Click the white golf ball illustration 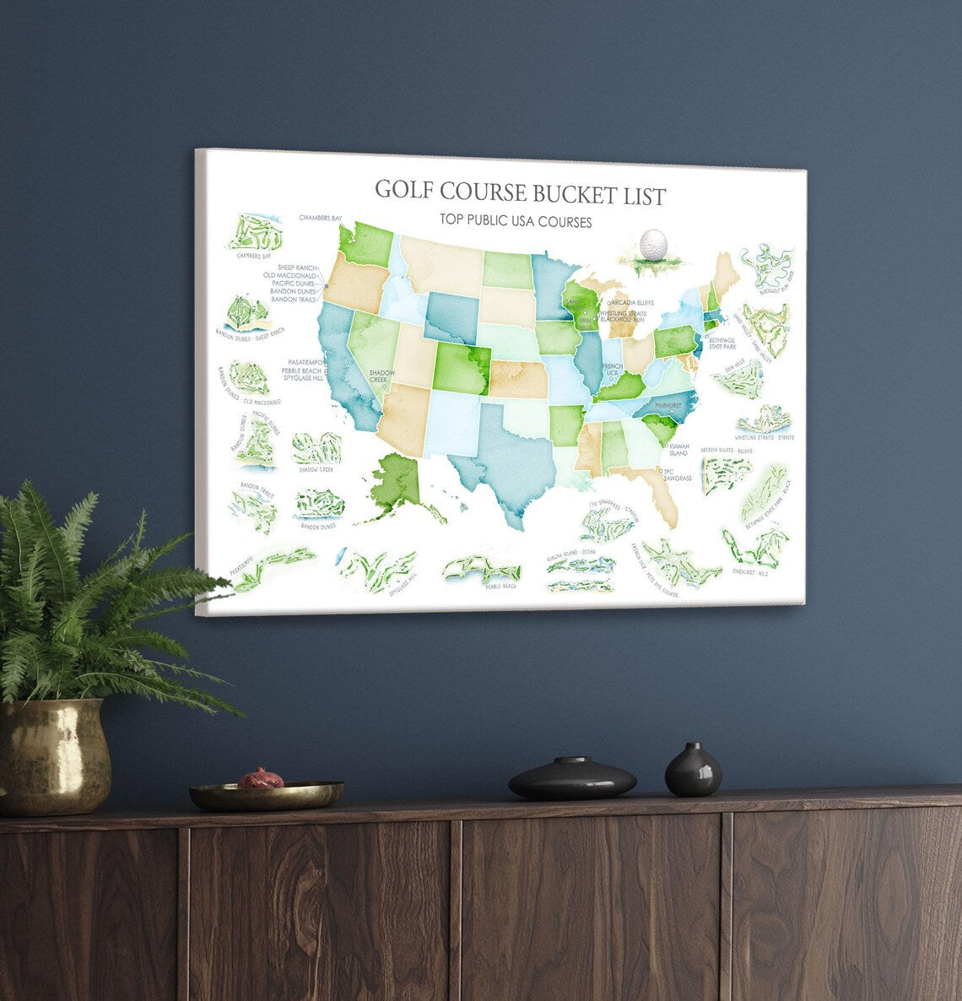tap(652, 245)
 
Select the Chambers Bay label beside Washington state tap(320, 218)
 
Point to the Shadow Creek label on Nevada tap(382, 375)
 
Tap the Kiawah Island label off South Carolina tap(679, 449)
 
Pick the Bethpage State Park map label tap(722, 343)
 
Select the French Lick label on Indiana tap(612, 369)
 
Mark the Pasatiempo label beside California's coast tap(305, 362)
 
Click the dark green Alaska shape tap(395, 482)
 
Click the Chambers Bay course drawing tap(254, 231)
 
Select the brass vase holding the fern tap(55, 755)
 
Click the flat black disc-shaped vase tap(572, 779)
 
